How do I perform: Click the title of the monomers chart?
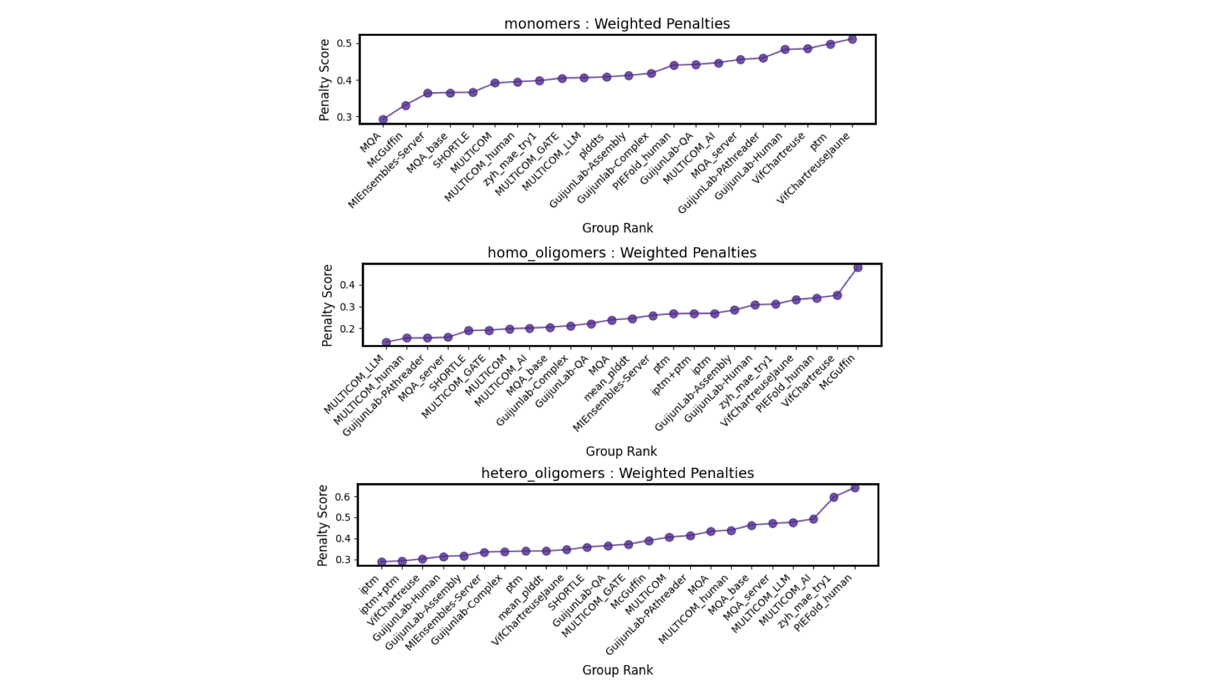pyautogui.click(x=617, y=24)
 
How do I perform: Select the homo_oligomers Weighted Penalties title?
pyautogui.click(x=621, y=252)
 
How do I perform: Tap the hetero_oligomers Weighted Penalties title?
pyautogui.click(x=617, y=473)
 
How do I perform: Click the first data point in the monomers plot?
pyautogui.click(x=383, y=119)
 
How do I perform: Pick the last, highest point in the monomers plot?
pyautogui.click(x=852, y=40)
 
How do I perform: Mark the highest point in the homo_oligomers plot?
pyautogui.click(x=858, y=268)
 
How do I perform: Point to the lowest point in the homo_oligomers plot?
pyautogui.click(x=386, y=342)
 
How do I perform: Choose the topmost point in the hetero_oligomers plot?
pyautogui.click(x=854, y=488)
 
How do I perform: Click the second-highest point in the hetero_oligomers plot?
pyautogui.click(x=834, y=497)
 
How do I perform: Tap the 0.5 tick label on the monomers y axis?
pyautogui.click(x=344, y=43)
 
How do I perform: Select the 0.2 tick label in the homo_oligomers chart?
pyautogui.click(x=347, y=329)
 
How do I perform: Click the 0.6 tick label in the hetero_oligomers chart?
pyautogui.click(x=343, y=496)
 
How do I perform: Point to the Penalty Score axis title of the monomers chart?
pyautogui.click(x=325, y=80)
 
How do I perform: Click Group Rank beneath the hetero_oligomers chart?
pyautogui.click(x=617, y=670)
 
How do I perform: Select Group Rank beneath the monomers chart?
pyautogui.click(x=617, y=228)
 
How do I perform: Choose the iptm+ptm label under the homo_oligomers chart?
pyautogui.click(x=671, y=376)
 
